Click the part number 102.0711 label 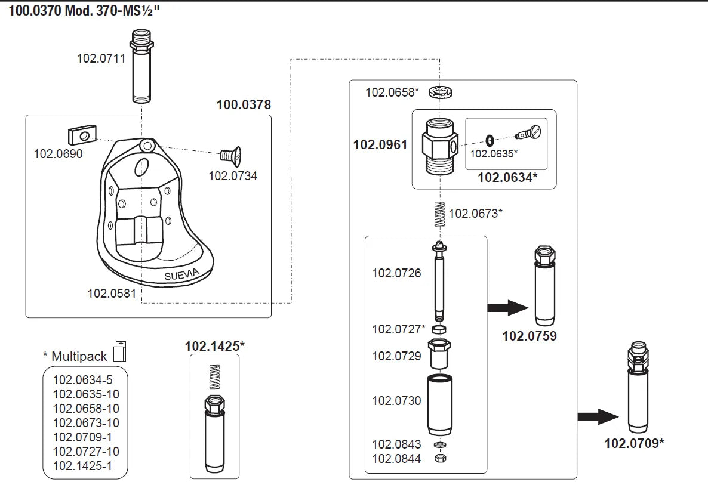click(x=101, y=58)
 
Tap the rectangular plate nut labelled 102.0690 click(x=82, y=136)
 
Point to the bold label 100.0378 click(x=244, y=105)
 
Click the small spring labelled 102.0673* click(x=439, y=214)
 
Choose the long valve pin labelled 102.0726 click(x=440, y=280)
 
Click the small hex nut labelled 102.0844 click(x=441, y=458)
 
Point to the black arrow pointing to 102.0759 click(x=507, y=308)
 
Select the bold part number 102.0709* click(x=634, y=443)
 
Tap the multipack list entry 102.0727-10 click(x=86, y=452)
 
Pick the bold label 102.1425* click(x=214, y=346)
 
